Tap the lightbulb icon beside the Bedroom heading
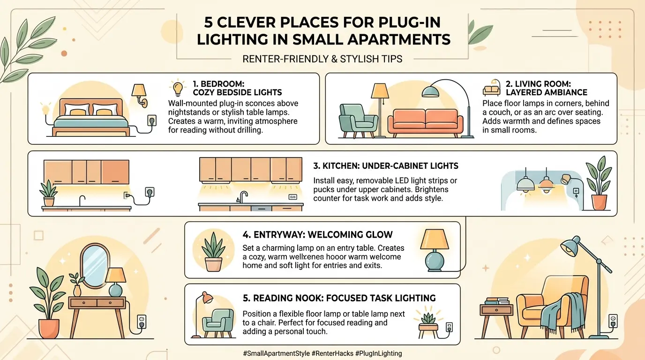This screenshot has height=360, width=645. click(x=178, y=88)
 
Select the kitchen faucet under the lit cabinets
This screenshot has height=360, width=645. click(x=242, y=197)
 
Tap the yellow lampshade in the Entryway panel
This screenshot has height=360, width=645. click(x=435, y=240)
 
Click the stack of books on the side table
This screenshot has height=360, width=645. click(x=496, y=301)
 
